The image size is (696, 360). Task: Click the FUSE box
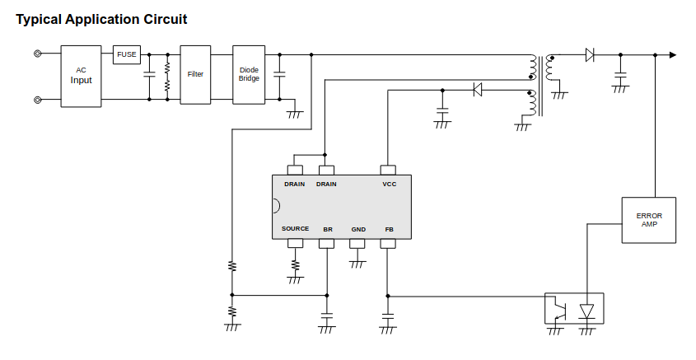click(x=127, y=55)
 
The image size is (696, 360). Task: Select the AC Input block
click(x=82, y=76)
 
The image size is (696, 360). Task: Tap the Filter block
click(x=195, y=75)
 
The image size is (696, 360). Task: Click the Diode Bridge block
click(x=249, y=75)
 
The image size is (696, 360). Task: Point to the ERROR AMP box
click(x=649, y=220)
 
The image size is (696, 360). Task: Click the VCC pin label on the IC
click(x=390, y=185)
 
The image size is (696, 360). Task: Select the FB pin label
click(x=389, y=229)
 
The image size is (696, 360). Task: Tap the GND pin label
click(x=358, y=229)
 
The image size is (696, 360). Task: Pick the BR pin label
click(x=328, y=229)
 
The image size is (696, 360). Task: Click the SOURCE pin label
click(x=296, y=229)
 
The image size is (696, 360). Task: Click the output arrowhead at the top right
click(x=673, y=55)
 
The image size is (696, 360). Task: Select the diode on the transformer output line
click(x=590, y=55)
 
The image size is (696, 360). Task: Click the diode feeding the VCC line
click(x=477, y=90)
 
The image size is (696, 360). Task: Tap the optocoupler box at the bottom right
click(x=574, y=308)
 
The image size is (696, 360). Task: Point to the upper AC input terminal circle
click(x=38, y=55)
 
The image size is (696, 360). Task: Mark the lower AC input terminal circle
click(x=38, y=100)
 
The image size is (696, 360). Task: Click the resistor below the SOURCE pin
click(x=296, y=265)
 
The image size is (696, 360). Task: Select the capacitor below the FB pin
click(x=388, y=316)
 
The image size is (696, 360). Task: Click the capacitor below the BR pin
click(x=327, y=316)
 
